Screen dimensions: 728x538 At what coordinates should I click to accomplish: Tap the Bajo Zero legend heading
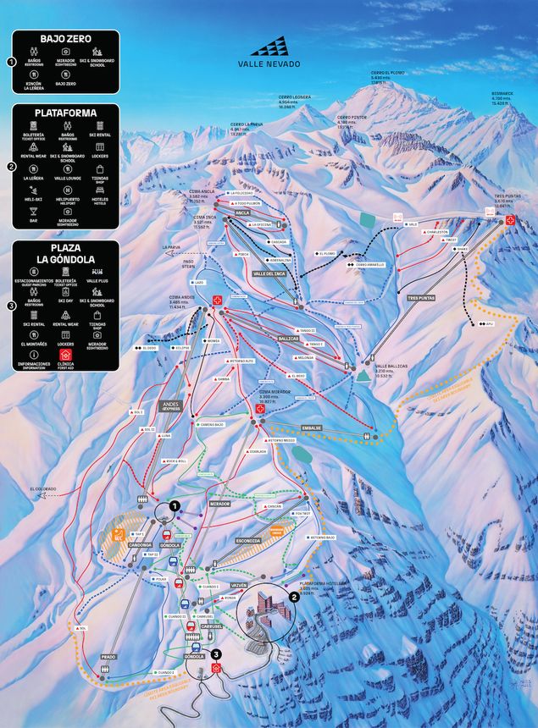(x=65, y=39)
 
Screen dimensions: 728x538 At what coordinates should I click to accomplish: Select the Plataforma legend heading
(x=65, y=112)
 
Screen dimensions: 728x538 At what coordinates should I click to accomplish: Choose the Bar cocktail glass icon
(x=33, y=211)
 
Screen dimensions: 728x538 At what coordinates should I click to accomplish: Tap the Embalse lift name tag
(x=312, y=428)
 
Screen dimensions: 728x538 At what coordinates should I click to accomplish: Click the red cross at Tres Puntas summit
(x=510, y=220)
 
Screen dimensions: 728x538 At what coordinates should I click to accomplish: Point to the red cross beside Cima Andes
(x=217, y=300)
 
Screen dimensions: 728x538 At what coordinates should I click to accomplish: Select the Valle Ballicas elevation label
(x=391, y=368)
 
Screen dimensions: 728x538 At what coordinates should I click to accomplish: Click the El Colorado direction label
(x=43, y=488)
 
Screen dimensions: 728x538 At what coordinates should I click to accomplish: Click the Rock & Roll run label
(x=175, y=461)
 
